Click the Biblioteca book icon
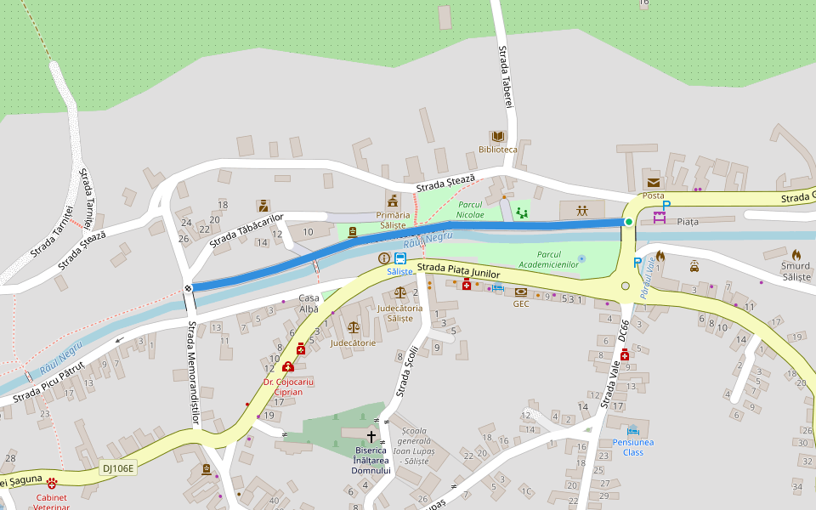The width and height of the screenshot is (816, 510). pyautogui.click(x=497, y=136)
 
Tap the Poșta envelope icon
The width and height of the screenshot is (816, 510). pyautogui.click(x=653, y=182)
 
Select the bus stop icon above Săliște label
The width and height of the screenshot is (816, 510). pyautogui.click(x=399, y=258)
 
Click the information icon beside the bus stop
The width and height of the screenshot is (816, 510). pyautogui.click(x=384, y=258)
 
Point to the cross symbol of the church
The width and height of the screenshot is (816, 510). pyautogui.click(x=371, y=436)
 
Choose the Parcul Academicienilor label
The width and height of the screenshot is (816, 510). pyautogui.click(x=558, y=259)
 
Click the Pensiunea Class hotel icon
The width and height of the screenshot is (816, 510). pyautogui.click(x=632, y=430)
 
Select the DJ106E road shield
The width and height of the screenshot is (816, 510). pyautogui.click(x=118, y=467)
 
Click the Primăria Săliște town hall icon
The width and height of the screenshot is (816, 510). pyautogui.click(x=393, y=201)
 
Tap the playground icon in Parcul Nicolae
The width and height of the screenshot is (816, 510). pyautogui.click(x=522, y=212)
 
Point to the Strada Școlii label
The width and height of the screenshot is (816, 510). pyautogui.click(x=407, y=371)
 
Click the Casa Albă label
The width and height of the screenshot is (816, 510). pyautogui.click(x=309, y=303)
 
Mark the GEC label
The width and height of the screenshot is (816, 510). pyautogui.click(x=520, y=303)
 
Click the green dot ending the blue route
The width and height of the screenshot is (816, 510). pyautogui.click(x=629, y=222)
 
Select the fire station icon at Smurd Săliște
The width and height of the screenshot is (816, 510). pyautogui.click(x=796, y=254)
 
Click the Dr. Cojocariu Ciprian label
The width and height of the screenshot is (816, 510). pyautogui.click(x=288, y=388)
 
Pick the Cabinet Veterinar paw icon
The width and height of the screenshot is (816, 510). pyautogui.click(x=52, y=483)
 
